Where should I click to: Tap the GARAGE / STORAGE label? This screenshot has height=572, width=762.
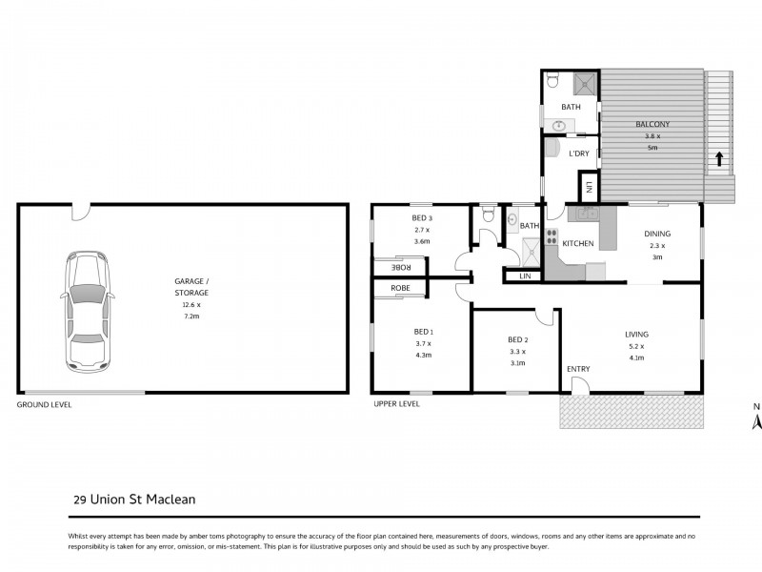[x=190, y=287]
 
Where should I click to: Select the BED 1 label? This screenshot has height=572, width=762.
[x=422, y=331]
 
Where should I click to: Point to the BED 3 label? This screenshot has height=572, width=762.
[x=422, y=219]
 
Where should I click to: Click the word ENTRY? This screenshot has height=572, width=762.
[x=578, y=369]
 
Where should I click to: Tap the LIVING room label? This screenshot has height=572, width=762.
[x=636, y=335]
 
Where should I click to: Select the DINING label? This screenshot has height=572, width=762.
[x=657, y=234]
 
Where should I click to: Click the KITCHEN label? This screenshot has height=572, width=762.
[x=578, y=244]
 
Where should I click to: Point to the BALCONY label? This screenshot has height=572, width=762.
[x=652, y=125]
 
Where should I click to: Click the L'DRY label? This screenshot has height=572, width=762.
[x=579, y=153]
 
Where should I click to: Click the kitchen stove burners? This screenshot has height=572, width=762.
[x=551, y=243]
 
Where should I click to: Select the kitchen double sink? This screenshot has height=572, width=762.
[x=582, y=214]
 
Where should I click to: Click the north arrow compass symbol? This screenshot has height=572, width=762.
[x=757, y=420]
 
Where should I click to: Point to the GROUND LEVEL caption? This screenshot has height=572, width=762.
[x=44, y=404]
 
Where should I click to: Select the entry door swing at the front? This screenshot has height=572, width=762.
[x=578, y=384]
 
